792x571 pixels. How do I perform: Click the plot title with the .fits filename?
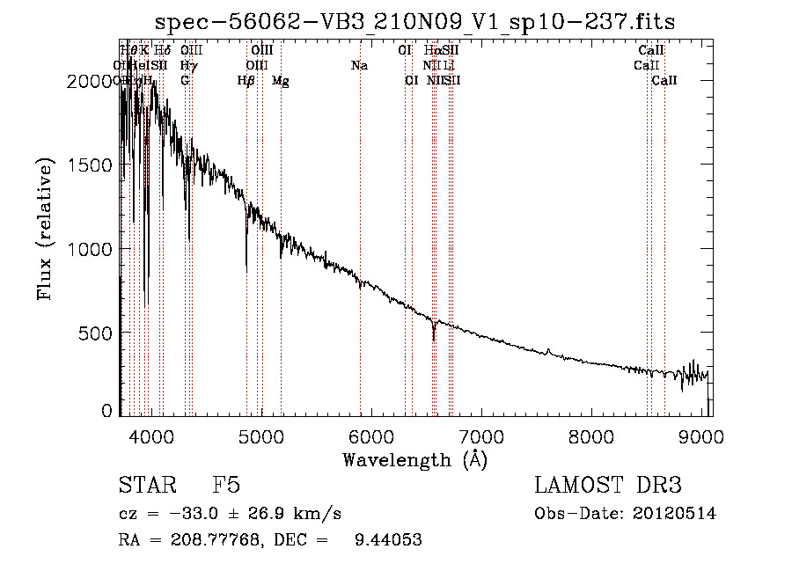(415, 22)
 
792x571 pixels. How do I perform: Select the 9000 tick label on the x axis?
(701, 436)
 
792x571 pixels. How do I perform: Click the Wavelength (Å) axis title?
(414, 459)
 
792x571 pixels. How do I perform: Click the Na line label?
(359, 66)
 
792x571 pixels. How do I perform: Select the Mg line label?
(281, 81)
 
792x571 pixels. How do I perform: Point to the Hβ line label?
(246, 81)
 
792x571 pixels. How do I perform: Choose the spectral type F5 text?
(226, 486)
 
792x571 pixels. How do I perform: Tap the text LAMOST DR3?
(607, 486)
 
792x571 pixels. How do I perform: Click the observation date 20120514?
(676, 514)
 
